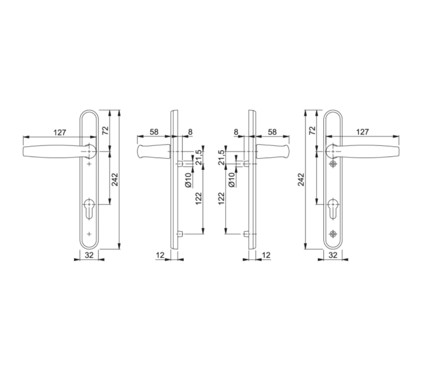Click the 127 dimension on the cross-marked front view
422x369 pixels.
(60, 132)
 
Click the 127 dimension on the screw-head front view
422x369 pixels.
(362, 132)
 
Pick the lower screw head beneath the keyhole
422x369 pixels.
(333, 234)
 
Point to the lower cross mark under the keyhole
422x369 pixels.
(89, 234)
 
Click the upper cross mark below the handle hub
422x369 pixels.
(89, 164)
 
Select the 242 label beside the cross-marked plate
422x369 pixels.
(115, 179)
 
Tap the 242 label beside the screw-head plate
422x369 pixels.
(301, 179)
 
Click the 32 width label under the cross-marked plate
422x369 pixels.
(89, 255)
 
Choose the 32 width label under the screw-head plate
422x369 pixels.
(333, 255)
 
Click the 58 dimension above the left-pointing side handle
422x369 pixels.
(154, 132)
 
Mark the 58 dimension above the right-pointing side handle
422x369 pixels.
(272, 132)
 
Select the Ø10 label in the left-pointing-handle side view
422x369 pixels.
(188, 179)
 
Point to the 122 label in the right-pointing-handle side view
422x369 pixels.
(221, 198)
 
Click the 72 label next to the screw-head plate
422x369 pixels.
(312, 130)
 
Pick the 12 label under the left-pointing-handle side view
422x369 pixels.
(160, 255)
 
